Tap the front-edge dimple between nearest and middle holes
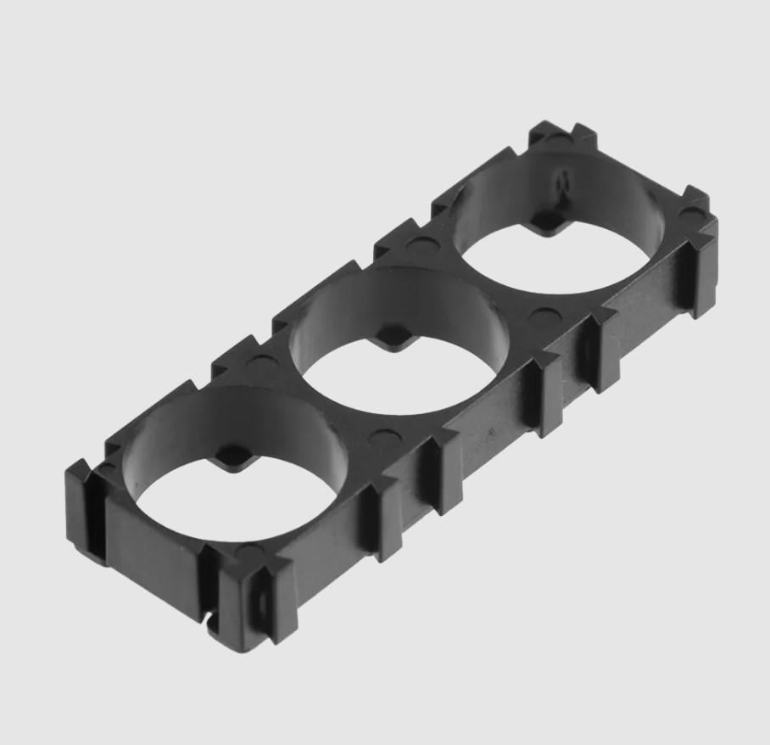386,439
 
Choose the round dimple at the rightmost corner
691,212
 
